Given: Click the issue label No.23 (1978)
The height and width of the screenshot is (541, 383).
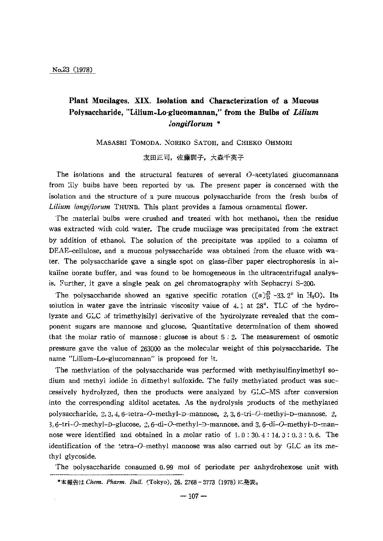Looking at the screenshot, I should [x=72, y=70].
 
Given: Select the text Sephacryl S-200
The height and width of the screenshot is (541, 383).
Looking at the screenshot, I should [x=288, y=283].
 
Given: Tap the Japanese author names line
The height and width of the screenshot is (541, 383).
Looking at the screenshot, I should [x=193, y=158].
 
